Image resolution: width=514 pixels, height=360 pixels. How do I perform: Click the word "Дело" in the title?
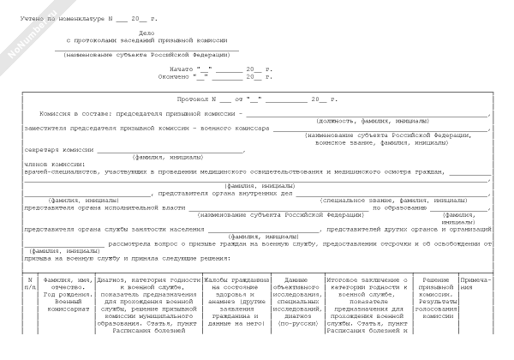[x=146, y=32]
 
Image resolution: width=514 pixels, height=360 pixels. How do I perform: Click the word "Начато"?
[x=182, y=68]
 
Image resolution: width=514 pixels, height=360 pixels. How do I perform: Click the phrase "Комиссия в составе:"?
[x=69, y=113]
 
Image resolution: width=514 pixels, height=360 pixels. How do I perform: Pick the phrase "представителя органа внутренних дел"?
[x=219, y=193]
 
